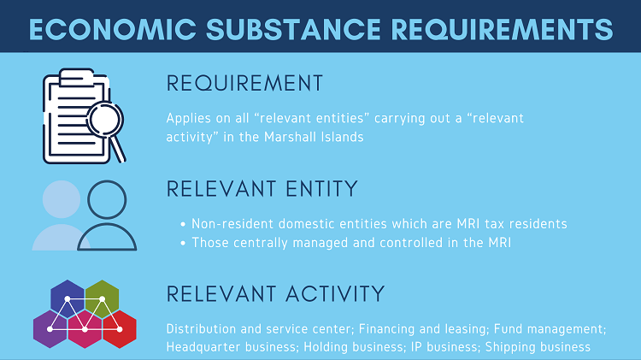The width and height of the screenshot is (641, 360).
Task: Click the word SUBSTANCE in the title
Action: click(x=293, y=29)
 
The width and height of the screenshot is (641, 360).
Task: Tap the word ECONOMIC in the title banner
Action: click(x=113, y=29)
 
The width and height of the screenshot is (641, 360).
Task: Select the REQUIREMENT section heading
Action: click(x=244, y=83)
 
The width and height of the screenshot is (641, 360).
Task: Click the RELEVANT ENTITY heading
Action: click(x=262, y=189)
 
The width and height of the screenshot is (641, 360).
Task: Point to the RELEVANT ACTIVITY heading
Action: click(x=275, y=293)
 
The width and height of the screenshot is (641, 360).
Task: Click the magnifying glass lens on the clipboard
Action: click(x=105, y=120)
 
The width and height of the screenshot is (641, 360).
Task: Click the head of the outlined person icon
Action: click(x=107, y=199)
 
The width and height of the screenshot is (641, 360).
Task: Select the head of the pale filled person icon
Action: click(x=62, y=199)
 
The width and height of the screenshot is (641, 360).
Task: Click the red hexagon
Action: click(x=120, y=329)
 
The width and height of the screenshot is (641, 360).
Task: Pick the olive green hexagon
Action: click(x=103, y=299)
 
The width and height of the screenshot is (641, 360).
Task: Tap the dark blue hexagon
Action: click(x=68, y=299)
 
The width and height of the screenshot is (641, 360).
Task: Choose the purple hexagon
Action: click(x=50, y=329)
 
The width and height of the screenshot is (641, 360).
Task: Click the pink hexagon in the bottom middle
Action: click(x=85, y=329)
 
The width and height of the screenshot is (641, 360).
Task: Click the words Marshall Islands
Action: click(x=314, y=137)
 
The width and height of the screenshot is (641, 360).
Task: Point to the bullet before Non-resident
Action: click(x=183, y=224)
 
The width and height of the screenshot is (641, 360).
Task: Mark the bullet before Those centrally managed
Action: click(x=183, y=243)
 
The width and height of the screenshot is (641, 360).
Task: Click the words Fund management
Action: click(x=549, y=329)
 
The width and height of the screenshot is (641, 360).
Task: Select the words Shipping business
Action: click(x=538, y=347)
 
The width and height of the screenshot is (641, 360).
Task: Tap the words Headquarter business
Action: click(x=231, y=347)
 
